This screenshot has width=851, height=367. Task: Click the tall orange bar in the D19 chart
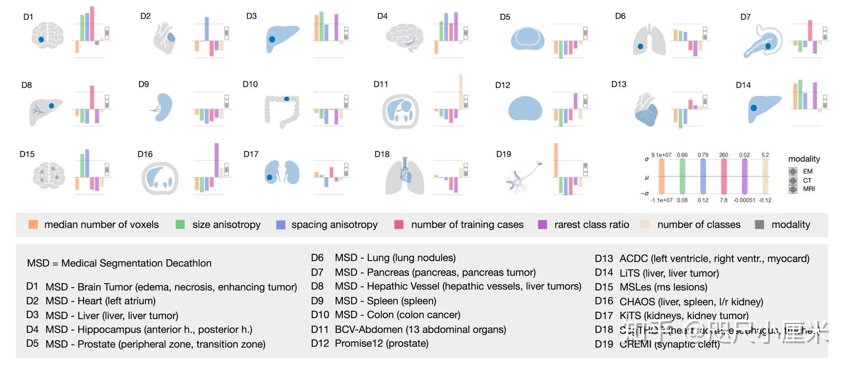[556, 160]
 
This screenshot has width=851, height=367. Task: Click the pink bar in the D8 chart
[92, 97]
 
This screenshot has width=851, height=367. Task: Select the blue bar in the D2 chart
[206, 29]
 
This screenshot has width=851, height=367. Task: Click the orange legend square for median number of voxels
[33, 224]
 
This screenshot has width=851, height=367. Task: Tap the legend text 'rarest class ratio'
[591, 224]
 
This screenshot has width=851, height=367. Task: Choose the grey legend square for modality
[760, 224]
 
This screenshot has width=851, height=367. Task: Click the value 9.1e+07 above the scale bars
[661, 155]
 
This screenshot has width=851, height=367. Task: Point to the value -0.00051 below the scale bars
[744, 200]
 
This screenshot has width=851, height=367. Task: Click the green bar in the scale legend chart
[682, 176]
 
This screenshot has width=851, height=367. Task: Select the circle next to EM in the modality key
[793, 171]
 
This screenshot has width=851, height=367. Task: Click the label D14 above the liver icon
[743, 85]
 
